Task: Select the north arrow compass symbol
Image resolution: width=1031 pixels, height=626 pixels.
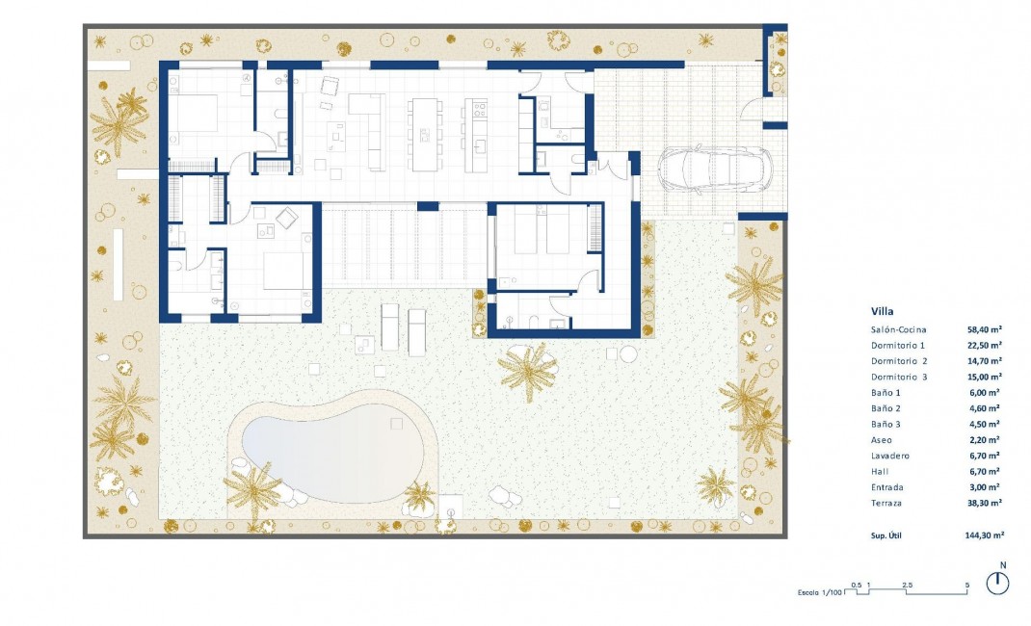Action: [x=998, y=583]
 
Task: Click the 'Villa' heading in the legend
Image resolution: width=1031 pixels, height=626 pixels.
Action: [x=882, y=312]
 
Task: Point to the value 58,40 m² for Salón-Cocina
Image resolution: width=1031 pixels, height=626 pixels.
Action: [x=985, y=329]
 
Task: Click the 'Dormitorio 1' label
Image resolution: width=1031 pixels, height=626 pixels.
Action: [x=897, y=345]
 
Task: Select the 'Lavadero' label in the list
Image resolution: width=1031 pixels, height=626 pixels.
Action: [x=890, y=456]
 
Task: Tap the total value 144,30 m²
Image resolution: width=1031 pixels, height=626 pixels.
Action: [x=984, y=535]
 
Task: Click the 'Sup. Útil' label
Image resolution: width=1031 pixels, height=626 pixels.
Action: [x=889, y=535]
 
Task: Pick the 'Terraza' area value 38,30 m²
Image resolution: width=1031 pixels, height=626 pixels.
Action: [x=985, y=503]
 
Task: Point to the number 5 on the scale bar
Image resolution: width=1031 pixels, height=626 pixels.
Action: [x=966, y=585]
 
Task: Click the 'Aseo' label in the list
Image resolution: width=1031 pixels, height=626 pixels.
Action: [x=883, y=439]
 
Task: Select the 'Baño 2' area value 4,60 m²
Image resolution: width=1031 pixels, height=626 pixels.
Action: [x=985, y=408]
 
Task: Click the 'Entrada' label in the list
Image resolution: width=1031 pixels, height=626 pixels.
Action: [x=888, y=487]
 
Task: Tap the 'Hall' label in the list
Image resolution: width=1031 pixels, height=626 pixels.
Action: [x=881, y=471]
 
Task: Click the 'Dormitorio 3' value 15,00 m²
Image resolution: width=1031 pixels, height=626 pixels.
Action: [x=985, y=377]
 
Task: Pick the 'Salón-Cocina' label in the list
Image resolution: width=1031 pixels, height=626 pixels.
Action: [x=898, y=329]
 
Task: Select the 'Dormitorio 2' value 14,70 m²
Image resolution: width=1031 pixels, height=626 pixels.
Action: [x=985, y=361]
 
